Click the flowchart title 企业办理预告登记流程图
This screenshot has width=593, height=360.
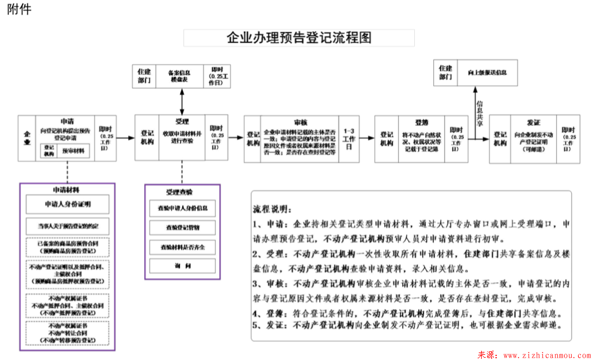(299, 38)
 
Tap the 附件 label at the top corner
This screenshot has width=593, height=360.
(19, 10)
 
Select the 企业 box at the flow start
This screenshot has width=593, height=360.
(27, 138)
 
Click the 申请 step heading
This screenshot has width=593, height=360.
(67, 122)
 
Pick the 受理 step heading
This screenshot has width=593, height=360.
(182, 121)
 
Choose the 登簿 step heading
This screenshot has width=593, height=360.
(421, 122)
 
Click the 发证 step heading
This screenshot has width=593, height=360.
(534, 122)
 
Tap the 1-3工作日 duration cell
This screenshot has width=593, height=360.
(350, 139)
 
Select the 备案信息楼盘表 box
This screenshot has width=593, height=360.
(179, 76)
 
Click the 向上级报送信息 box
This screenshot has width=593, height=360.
(487, 73)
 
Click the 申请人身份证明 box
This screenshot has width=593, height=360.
(67, 204)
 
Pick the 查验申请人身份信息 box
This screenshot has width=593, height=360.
(182, 208)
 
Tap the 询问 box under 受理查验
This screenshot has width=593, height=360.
(182, 265)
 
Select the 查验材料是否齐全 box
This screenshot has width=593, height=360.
(182, 246)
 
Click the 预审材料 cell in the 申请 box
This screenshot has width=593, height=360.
(73, 151)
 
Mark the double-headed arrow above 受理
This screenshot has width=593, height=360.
(182, 102)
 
